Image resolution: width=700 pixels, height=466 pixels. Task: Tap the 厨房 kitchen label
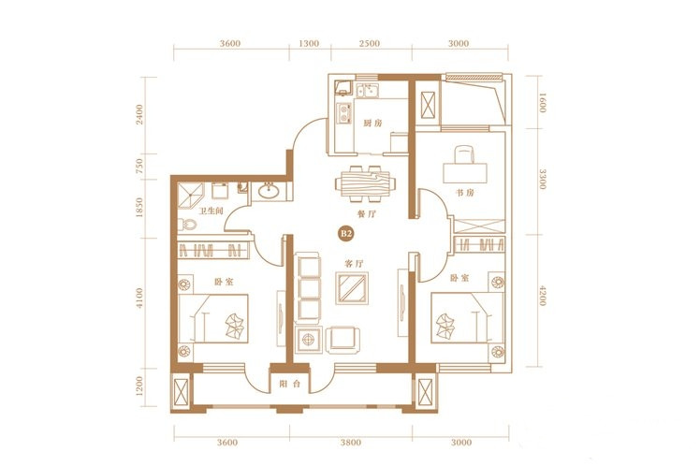[x=372, y=124]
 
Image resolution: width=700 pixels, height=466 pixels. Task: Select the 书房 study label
[x=465, y=193]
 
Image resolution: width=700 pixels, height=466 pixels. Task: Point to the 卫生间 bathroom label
[x=211, y=211]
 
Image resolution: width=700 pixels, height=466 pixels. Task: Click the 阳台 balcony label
[x=290, y=384]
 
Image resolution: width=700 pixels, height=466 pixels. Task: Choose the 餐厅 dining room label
[x=367, y=214]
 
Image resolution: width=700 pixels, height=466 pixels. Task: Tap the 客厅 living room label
[x=354, y=264]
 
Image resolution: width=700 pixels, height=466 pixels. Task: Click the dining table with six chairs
[x=365, y=183]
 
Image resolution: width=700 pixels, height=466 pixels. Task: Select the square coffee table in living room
[x=352, y=288]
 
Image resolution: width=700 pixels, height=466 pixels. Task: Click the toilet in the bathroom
[x=187, y=225]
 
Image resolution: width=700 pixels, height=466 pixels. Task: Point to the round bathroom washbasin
[x=269, y=191]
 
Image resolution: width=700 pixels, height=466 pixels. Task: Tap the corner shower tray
[x=191, y=197]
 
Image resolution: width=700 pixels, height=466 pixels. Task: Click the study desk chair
[x=465, y=155]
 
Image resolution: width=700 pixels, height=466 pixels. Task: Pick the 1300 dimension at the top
[x=309, y=44]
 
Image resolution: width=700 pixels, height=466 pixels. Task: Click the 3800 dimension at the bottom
[x=350, y=443]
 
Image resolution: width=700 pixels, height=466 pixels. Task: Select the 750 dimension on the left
[x=139, y=166]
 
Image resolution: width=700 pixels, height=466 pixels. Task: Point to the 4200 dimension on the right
[x=543, y=296]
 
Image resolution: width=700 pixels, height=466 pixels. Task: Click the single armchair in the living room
[x=343, y=340]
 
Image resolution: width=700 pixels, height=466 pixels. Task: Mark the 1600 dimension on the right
[x=543, y=103]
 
